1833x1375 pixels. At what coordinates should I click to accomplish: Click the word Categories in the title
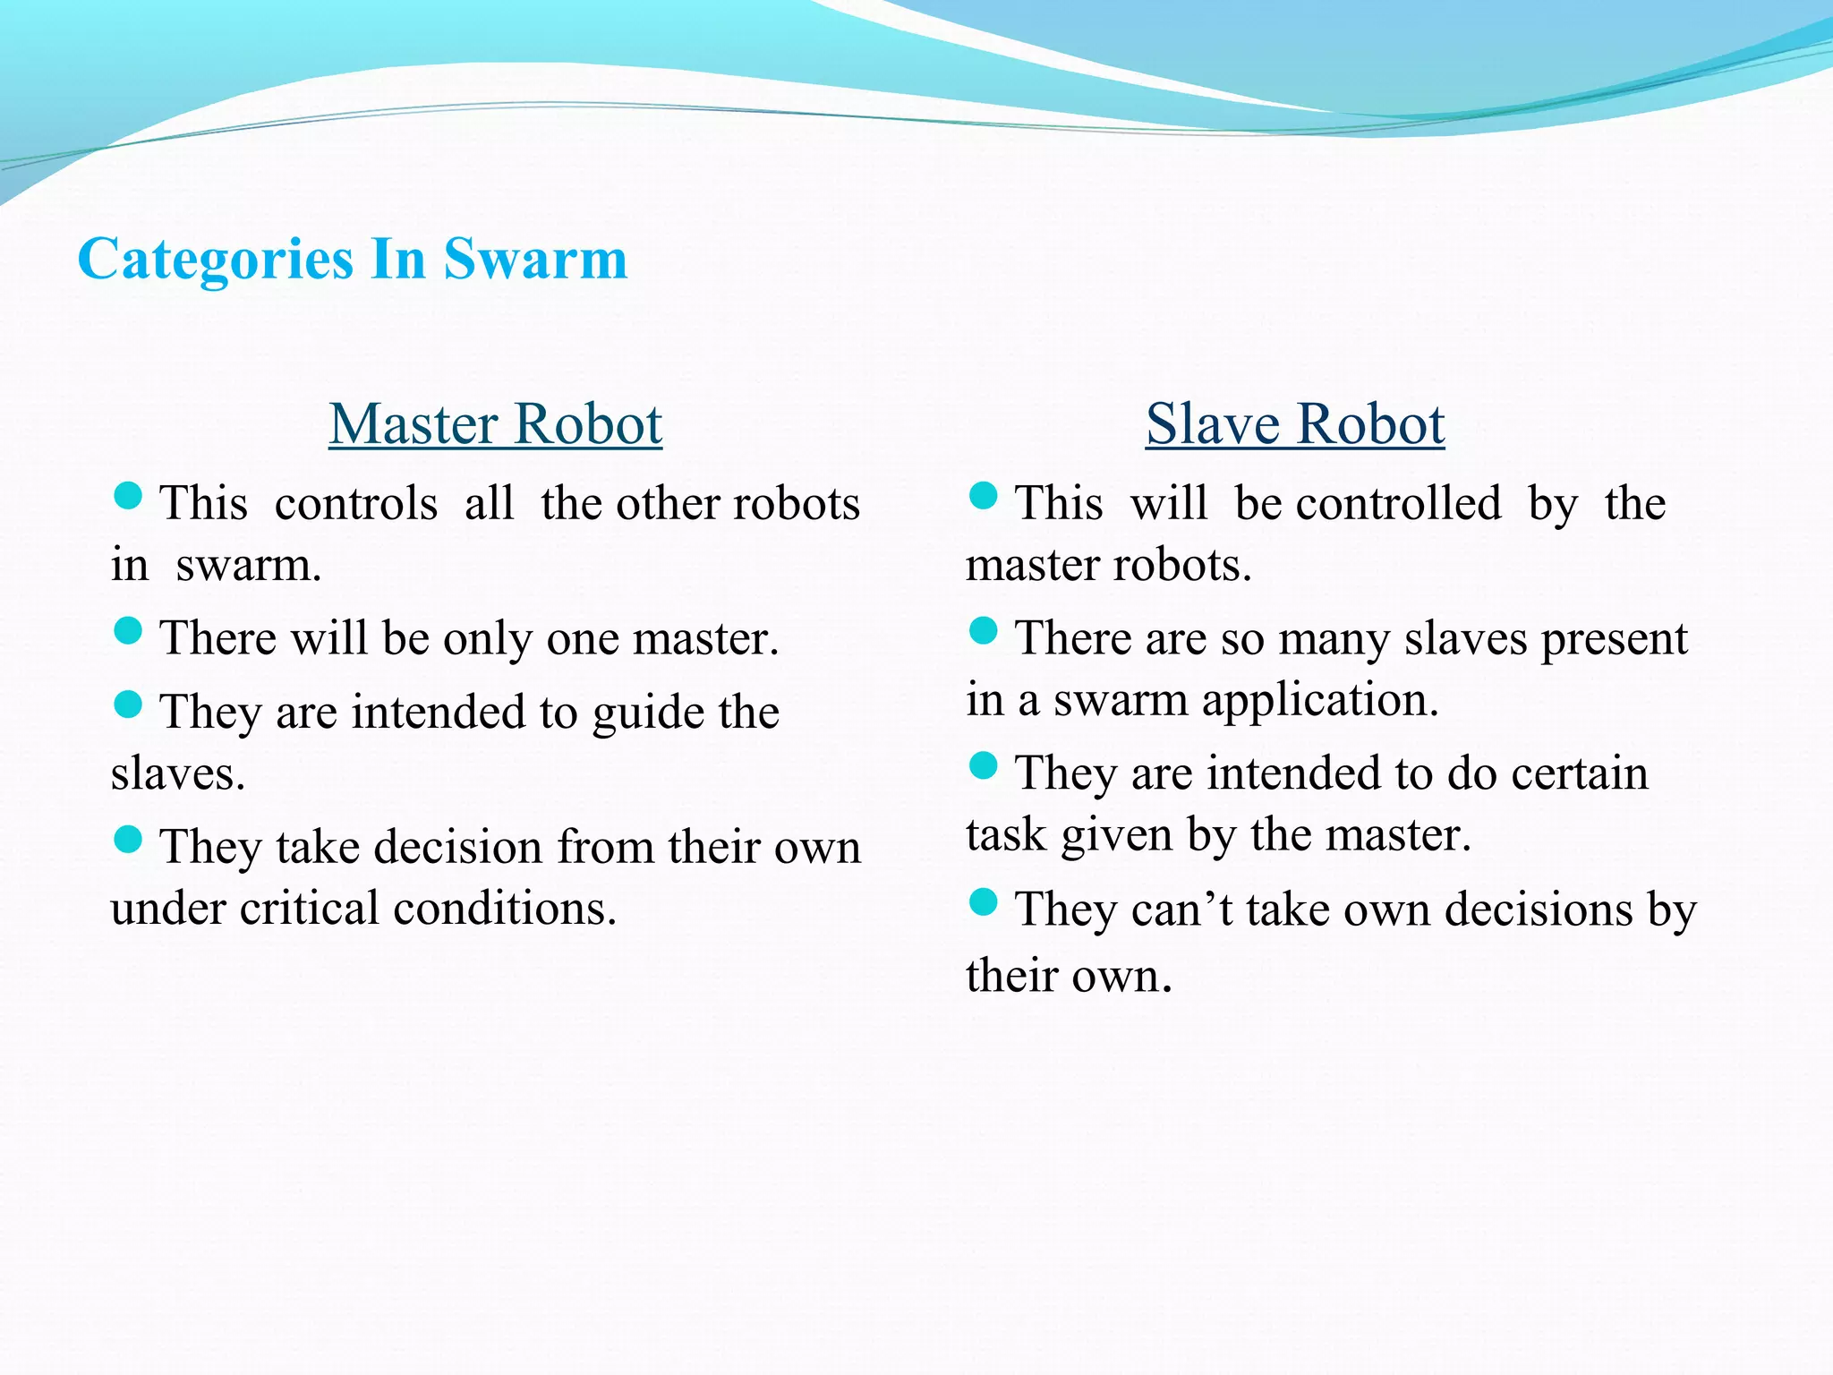click(x=215, y=260)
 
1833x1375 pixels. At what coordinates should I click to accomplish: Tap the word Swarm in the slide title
click(x=535, y=260)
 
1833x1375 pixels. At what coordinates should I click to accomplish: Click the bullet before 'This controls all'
click(x=129, y=496)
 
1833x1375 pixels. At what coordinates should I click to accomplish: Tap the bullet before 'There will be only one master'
click(x=129, y=630)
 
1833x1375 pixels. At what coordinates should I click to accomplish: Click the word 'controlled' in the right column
click(x=1398, y=503)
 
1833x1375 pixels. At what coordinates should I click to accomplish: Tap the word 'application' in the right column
click(x=1319, y=700)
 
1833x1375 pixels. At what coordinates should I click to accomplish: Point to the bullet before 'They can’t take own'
click(x=983, y=902)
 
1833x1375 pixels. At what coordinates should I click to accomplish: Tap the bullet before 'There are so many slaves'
click(x=983, y=631)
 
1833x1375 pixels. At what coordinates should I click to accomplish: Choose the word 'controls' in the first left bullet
click(x=356, y=503)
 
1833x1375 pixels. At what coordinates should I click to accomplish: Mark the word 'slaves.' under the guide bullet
click(x=178, y=774)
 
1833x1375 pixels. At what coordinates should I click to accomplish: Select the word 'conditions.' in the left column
click(x=505, y=909)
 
